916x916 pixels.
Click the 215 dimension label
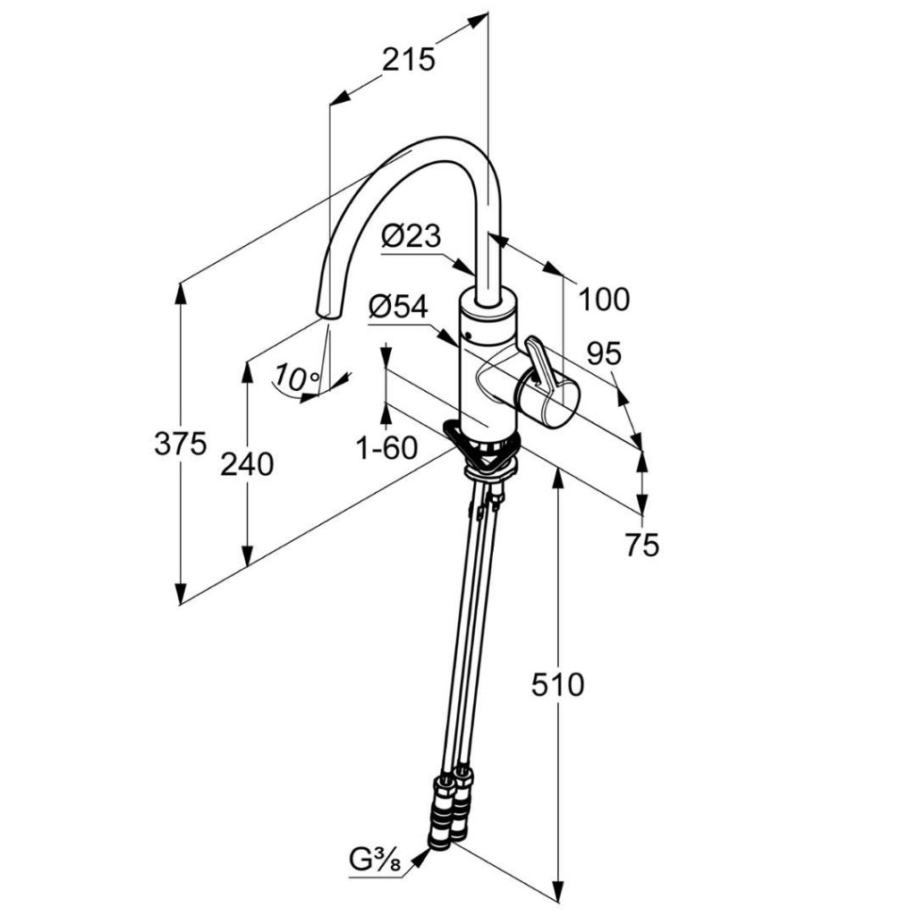[409, 59]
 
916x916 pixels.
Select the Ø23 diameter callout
[411, 236]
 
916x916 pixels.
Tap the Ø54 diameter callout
[398, 307]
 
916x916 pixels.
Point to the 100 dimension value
[604, 299]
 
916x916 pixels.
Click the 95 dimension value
[604, 353]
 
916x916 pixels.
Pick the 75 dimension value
[641, 545]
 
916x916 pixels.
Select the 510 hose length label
[557, 685]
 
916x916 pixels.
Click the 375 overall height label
[180, 443]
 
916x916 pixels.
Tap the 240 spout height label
[248, 464]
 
